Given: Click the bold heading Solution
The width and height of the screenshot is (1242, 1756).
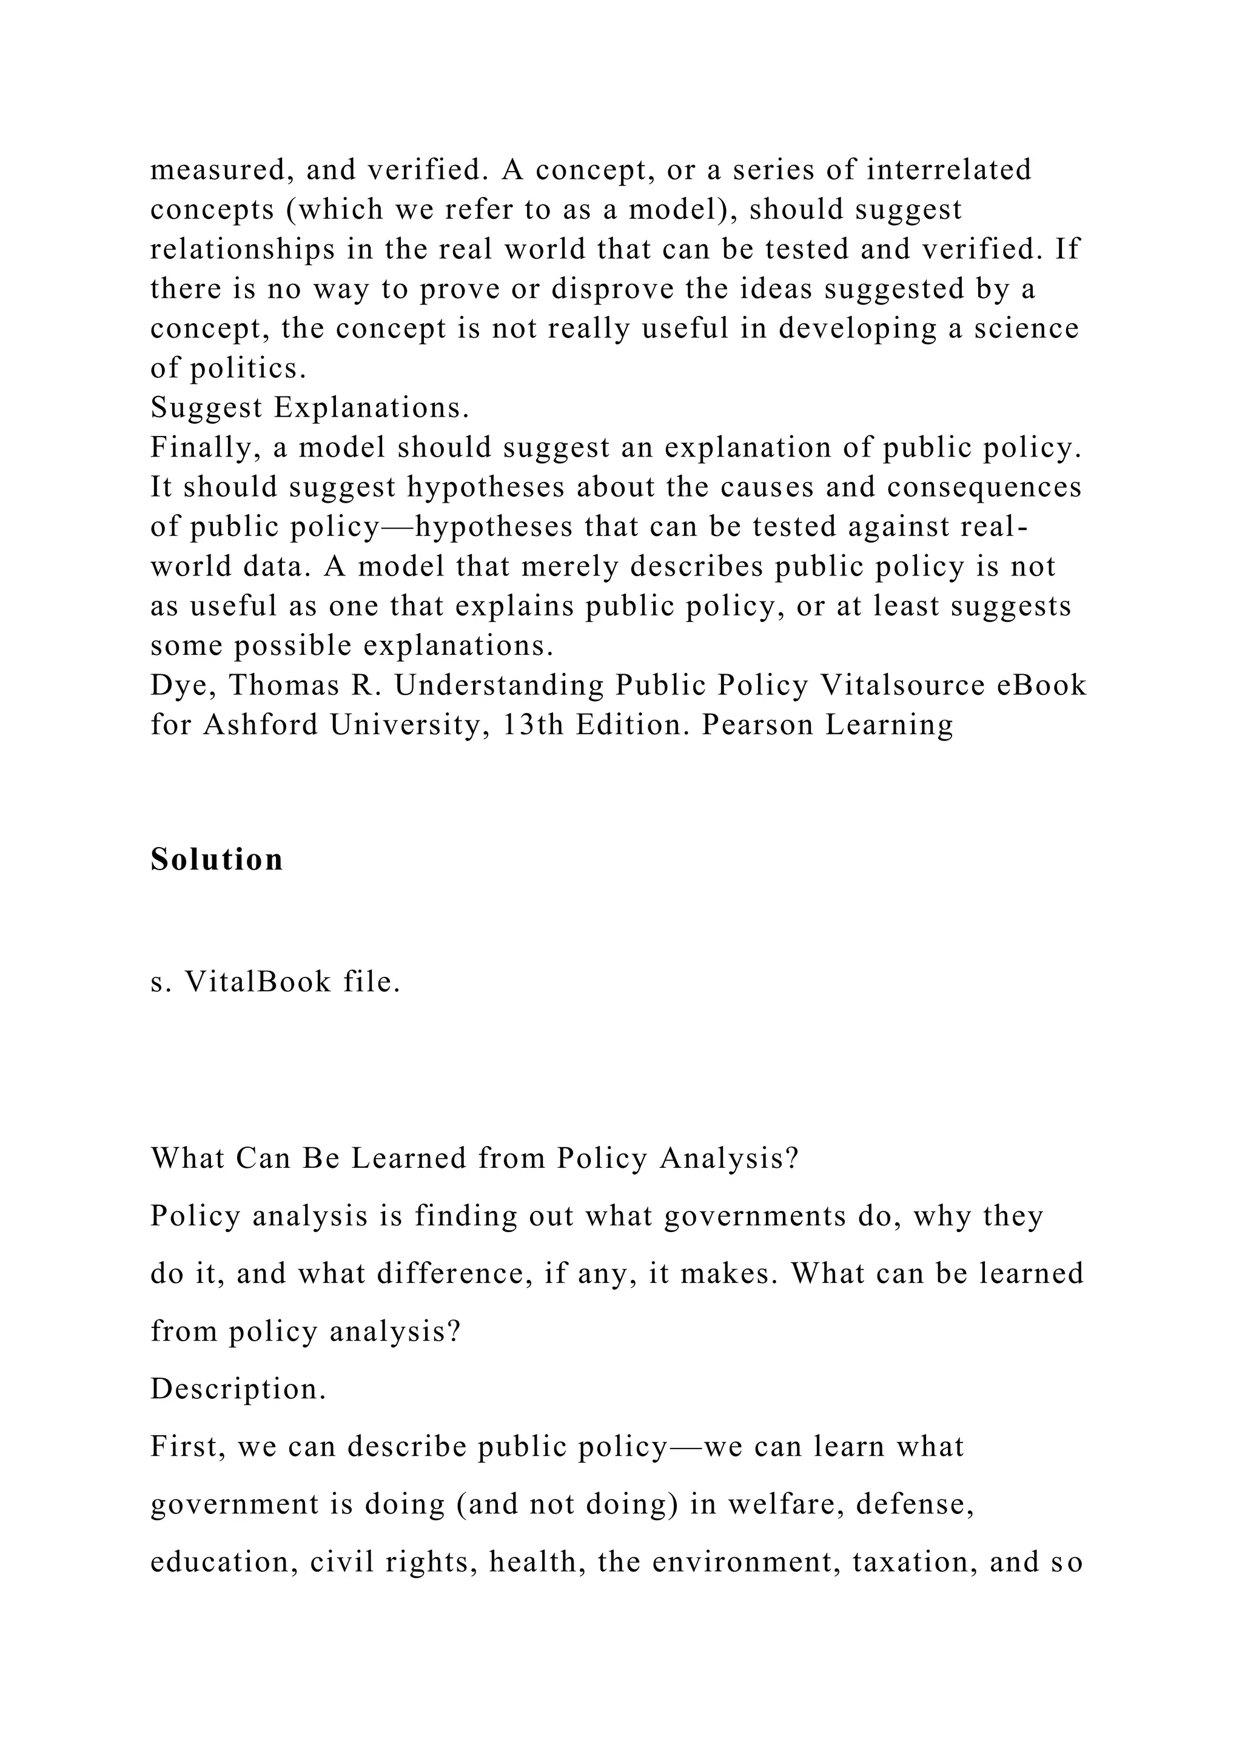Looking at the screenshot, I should point(217,860).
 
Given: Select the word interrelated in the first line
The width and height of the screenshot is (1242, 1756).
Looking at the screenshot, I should point(948,169).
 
